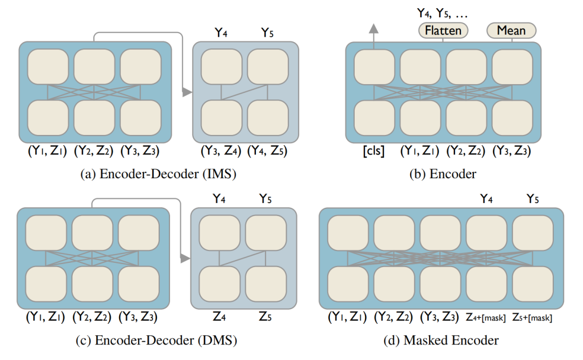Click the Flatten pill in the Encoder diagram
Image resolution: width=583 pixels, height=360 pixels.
coord(443,30)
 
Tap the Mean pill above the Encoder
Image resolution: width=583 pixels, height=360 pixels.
coord(511,30)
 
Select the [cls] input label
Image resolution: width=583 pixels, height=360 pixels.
coord(374,152)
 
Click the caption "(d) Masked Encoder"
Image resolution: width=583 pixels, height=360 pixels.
coord(441,340)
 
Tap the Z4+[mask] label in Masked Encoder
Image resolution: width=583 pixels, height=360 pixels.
coord(486,318)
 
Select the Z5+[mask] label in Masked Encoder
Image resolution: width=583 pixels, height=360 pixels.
coord(532,318)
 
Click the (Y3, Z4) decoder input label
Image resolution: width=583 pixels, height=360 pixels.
coord(221,152)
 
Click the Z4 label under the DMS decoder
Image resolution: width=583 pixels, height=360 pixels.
coord(219,317)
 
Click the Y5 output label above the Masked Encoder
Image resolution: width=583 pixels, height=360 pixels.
coord(532,198)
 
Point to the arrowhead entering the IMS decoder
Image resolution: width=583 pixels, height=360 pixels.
coord(187,93)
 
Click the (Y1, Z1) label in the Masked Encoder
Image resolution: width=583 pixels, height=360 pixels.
coord(347,318)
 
